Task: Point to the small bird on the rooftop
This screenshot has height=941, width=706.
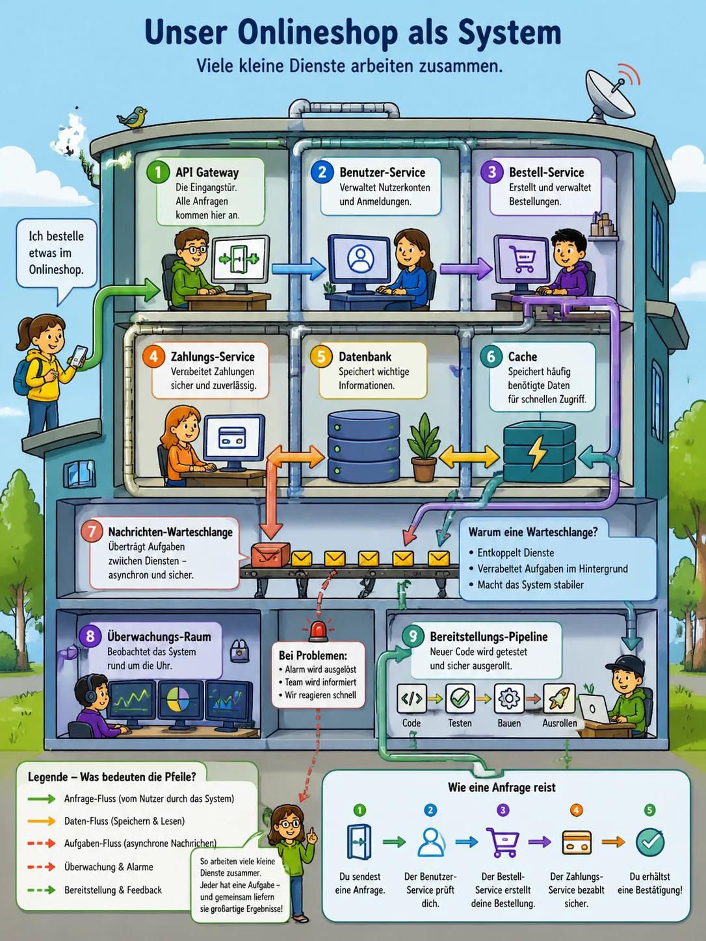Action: pos(133,117)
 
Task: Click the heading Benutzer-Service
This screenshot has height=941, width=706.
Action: pos(382,172)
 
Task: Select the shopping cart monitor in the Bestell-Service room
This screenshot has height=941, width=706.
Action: pos(523,258)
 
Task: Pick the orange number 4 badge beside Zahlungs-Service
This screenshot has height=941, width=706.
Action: pos(154,356)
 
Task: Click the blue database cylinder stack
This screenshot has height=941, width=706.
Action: pos(363,446)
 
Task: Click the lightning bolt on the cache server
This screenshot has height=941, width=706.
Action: pos(537,452)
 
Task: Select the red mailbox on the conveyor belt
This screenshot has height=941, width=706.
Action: pos(270,554)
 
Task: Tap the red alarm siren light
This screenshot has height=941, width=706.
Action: pos(319,630)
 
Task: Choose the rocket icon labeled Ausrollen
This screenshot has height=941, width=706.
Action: pos(559,699)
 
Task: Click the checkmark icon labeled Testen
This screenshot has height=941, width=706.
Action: pos(460,699)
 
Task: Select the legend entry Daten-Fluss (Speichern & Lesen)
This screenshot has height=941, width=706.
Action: pos(124,821)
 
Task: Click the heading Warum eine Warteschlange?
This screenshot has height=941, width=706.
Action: pos(533,532)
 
